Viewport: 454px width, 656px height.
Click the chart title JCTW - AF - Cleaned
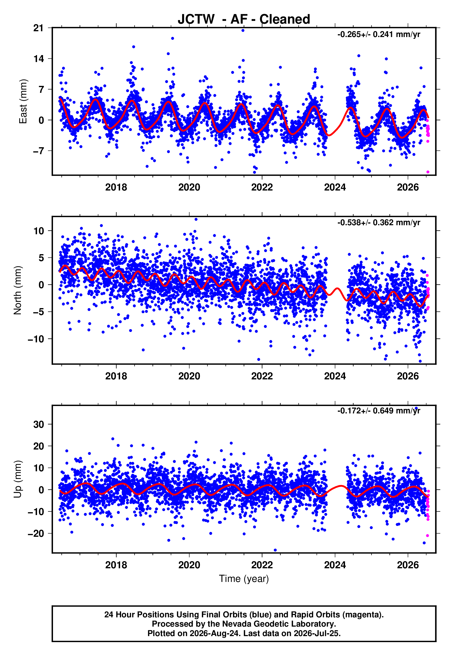pos(244,19)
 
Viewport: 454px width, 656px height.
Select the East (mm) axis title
pos(23,102)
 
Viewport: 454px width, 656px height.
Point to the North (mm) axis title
pos(18,290)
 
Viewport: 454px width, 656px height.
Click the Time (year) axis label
pos(244,579)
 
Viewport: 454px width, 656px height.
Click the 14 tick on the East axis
pos(39,59)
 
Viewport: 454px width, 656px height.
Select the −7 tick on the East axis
pos(39,151)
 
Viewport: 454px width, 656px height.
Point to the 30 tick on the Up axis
pos(39,425)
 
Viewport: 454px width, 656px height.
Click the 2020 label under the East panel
pos(189,187)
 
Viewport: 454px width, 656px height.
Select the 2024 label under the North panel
pos(335,376)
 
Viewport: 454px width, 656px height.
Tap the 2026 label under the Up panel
pos(408,565)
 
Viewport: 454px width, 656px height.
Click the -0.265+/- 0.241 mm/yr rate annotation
pos(379,34)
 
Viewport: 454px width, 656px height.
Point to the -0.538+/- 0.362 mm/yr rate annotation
pos(379,222)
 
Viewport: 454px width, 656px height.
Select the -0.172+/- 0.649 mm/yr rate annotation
pos(379,411)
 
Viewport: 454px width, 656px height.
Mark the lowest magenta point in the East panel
pos(428,172)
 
